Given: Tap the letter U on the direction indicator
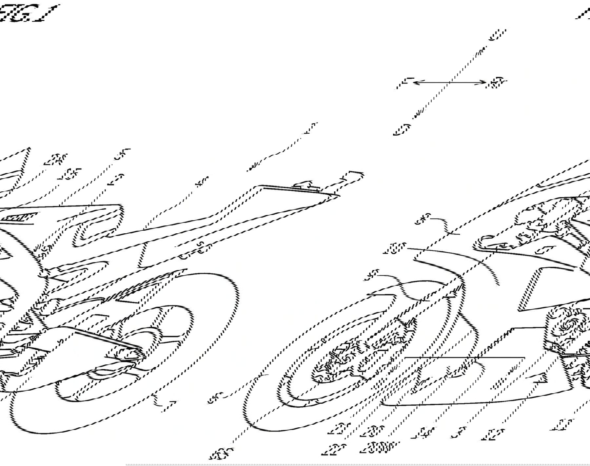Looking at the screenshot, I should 497,35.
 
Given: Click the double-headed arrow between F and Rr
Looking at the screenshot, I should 449,82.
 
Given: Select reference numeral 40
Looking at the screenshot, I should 202,182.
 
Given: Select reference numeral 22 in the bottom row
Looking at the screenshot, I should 334,450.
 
